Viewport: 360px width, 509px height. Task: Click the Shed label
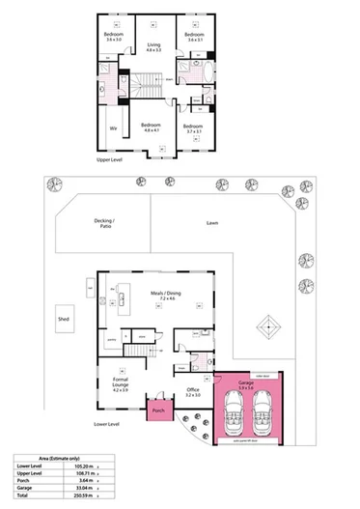64,317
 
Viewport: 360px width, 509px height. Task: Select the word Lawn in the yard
212,223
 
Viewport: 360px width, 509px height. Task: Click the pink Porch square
158,410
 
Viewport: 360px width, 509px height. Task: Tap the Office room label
192,390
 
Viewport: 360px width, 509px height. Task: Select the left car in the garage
233,414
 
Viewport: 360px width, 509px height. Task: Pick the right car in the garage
263,414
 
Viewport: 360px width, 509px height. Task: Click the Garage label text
246,382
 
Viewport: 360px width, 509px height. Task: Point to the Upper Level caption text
109,160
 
